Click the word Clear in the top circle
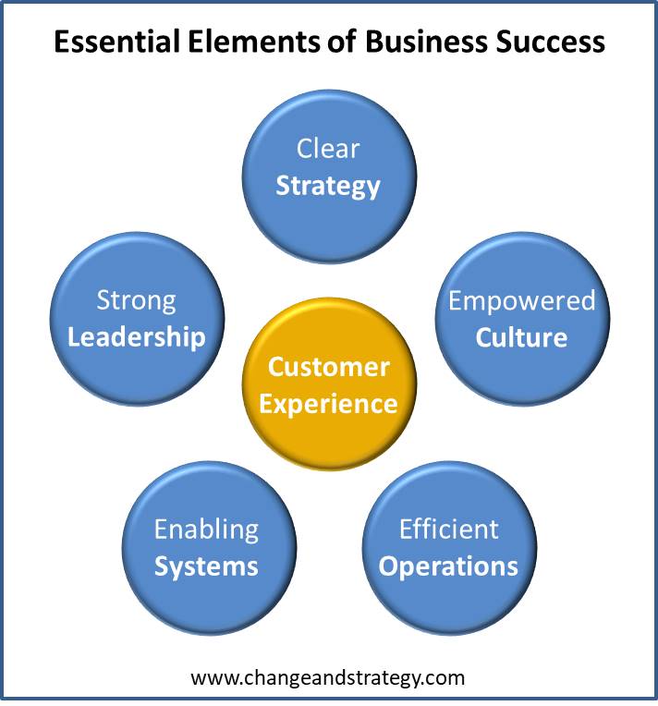coord(328,149)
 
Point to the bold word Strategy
coord(328,187)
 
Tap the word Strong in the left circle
coord(136,300)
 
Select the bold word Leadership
coord(136,337)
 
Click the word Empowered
coord(522,300)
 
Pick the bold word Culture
coord(521,337)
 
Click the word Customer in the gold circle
coord(329,367)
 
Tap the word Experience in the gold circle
coord(328,404)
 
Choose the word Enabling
coord(206,529)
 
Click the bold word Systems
coord(206,566)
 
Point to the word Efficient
coord(449,529)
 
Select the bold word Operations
coord(448,566)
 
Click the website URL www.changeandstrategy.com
coord(327,677)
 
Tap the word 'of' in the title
coord(343,42)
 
